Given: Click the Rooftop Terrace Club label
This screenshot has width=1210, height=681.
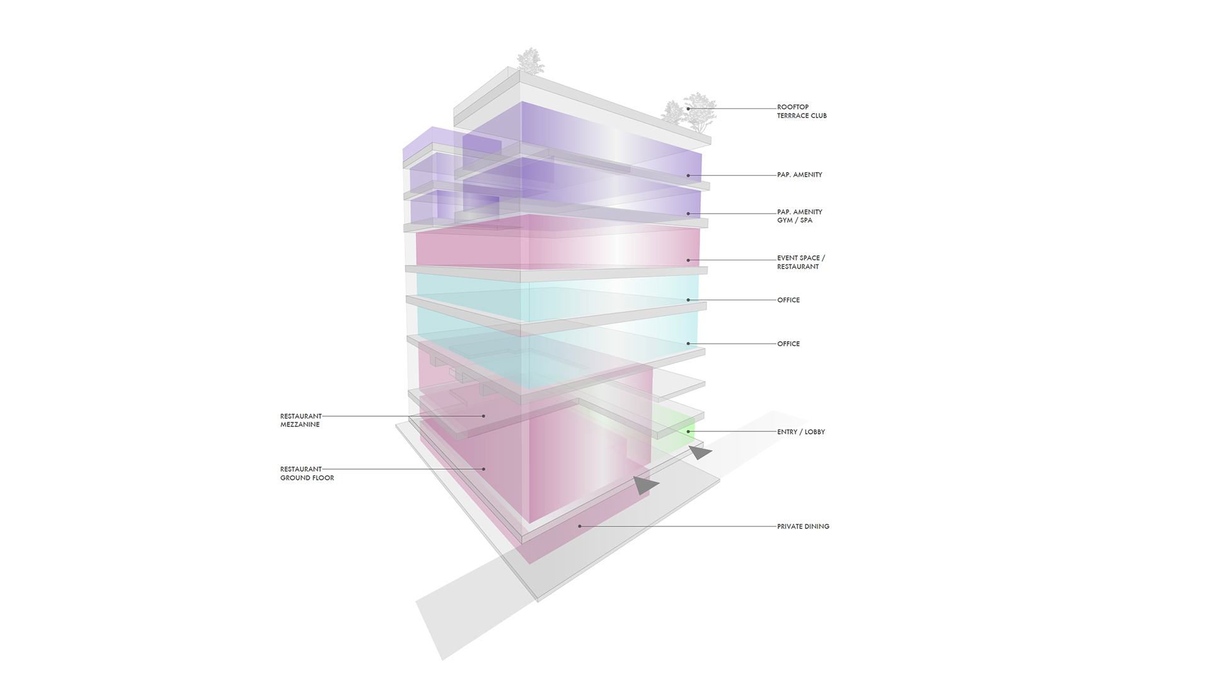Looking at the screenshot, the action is pyautogui.click(x=802, y=111).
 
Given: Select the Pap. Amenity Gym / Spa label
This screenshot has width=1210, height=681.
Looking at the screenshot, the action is pyautogui.click(x=800, y=216).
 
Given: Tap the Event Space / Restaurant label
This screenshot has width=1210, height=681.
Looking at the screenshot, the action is pyautogui.click(x=801, y=262).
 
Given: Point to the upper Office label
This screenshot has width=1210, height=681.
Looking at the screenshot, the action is pyautogui.click(x=788, y=300).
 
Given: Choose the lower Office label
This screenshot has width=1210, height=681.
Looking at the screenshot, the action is pyautogui.click(x=788, y=344).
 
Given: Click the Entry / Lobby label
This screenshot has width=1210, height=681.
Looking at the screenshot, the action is pyautogui.click(x=801, y=432).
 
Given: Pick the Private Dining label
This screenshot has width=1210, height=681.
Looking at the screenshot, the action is pyautogui.click(x=803, y=527).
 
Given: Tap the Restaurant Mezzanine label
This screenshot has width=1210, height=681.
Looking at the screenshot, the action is pyautogui.click(x=301, y=420).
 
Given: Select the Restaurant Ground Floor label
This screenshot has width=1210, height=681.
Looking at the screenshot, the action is pyautogui.click(x=307, y=474).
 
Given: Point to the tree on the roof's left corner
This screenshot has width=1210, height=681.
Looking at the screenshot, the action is pyautogui.click(x=531, y=61).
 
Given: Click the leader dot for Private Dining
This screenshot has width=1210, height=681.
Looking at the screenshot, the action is pyautogui.click(x=580, y=527).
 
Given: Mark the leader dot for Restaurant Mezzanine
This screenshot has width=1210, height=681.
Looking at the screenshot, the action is pyautogui.click(x=484, y=416).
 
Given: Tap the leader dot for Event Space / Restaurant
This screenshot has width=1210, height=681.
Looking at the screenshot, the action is pyautogui.click(x=688, y=260).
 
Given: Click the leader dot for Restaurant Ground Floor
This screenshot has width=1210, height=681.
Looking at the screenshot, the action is pyautogui.click(x=484, y=469).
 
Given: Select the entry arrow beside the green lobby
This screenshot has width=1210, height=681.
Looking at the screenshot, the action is pyautogui.click(x=700, y=452).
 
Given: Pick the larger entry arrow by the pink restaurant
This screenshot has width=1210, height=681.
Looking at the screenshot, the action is pyautogui.click(x=645, y=485).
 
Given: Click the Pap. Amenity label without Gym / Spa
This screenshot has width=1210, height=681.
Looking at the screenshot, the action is pyautogui.click(x=800, y=175).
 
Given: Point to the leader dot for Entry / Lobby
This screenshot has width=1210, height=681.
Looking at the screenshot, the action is pyautogui.click(x=688, y=432).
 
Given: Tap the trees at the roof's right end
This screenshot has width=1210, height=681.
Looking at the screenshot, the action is pyautogui.click(x=689, y=113).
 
